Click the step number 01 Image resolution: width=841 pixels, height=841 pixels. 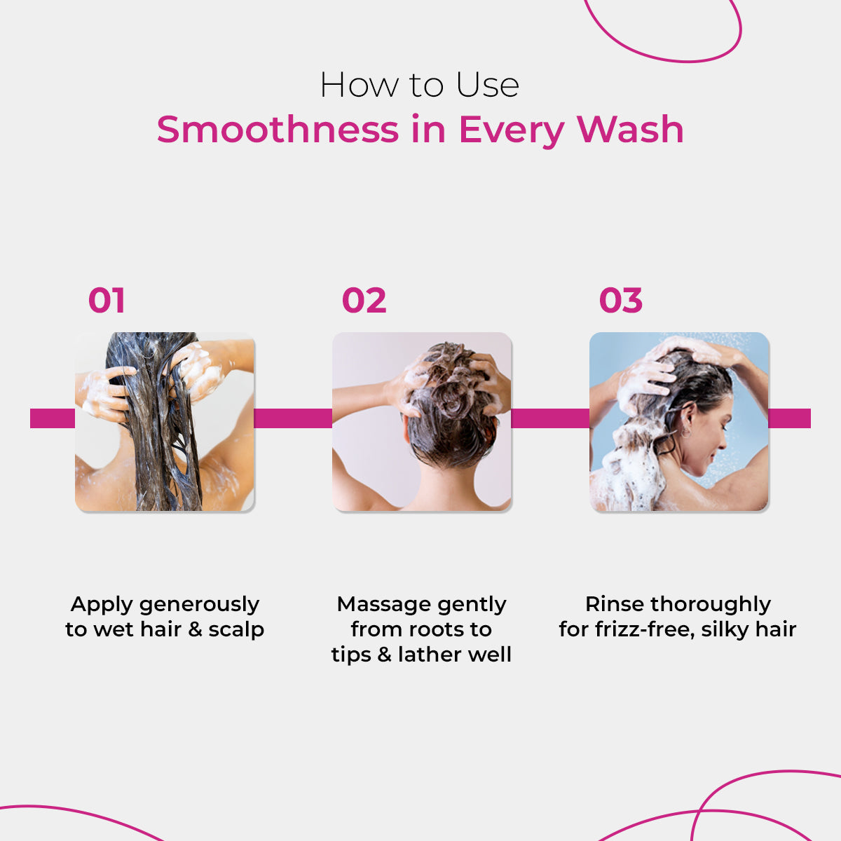click(107, 301)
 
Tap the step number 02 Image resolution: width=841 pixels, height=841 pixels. click(364, 301)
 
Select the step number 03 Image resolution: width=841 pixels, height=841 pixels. click(620, 301)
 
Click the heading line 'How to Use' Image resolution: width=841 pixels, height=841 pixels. click(419, 86)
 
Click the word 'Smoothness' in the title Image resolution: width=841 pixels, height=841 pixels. click(277, 130)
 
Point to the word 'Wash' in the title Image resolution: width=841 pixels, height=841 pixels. click(629, 130)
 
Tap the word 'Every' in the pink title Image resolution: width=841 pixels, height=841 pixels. click(511, 131)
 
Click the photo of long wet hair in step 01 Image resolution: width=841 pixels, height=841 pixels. click(165, 421)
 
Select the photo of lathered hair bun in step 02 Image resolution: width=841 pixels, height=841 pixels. click(422, 421)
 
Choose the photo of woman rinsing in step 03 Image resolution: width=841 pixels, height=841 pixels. click(678, 421)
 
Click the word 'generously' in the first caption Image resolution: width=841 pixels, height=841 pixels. click(199, 605)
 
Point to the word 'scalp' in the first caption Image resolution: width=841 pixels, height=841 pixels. click(236, 629)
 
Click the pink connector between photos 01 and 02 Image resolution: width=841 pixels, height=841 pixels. click(292, 418)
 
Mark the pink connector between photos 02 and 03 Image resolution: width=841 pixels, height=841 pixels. click(550, 418)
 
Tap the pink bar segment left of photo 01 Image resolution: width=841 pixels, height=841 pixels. click(53, 418)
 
